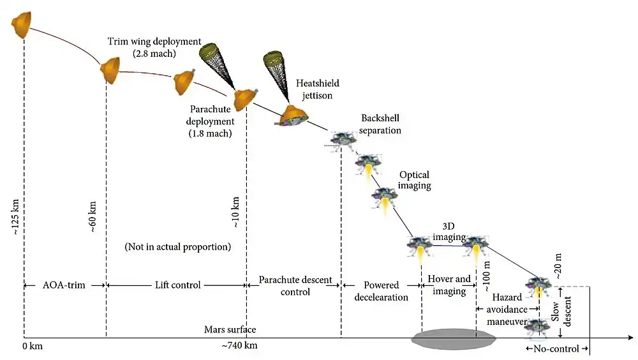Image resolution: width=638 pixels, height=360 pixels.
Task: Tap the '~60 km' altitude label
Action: [93, 217]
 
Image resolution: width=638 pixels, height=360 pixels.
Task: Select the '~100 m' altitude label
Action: [487, 276]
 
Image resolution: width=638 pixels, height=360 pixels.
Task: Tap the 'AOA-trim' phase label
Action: [64, 285]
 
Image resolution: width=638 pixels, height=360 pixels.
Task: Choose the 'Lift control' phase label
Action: [176, 285]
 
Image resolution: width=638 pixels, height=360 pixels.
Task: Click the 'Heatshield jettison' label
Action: [318, 89]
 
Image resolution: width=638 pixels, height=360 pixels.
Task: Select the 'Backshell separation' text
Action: [381, 124]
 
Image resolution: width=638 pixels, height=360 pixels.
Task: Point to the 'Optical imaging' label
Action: [415, 180]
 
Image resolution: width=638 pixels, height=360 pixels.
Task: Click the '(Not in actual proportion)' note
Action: [178, 246]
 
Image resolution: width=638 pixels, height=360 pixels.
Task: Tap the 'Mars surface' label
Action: [230, 329]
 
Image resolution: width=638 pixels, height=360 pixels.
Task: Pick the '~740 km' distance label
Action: [240, 345]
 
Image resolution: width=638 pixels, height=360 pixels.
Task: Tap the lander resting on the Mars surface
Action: [537, 327]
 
